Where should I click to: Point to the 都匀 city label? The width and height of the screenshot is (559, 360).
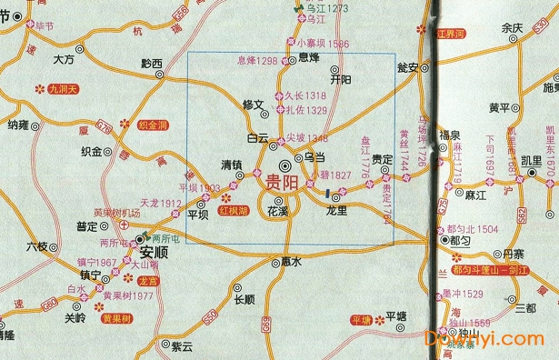tap(462, 243)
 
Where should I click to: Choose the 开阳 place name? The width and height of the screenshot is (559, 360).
tap(341, 80)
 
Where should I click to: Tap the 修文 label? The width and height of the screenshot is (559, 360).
tap(252, 105)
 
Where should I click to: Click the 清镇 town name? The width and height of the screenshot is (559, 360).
tap(234, 165)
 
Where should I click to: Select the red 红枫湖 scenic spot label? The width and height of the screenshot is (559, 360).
tap(233, 211)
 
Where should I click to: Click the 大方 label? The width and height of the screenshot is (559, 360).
tap(64, 59)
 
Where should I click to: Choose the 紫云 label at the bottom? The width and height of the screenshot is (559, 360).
tap(182, 346)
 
